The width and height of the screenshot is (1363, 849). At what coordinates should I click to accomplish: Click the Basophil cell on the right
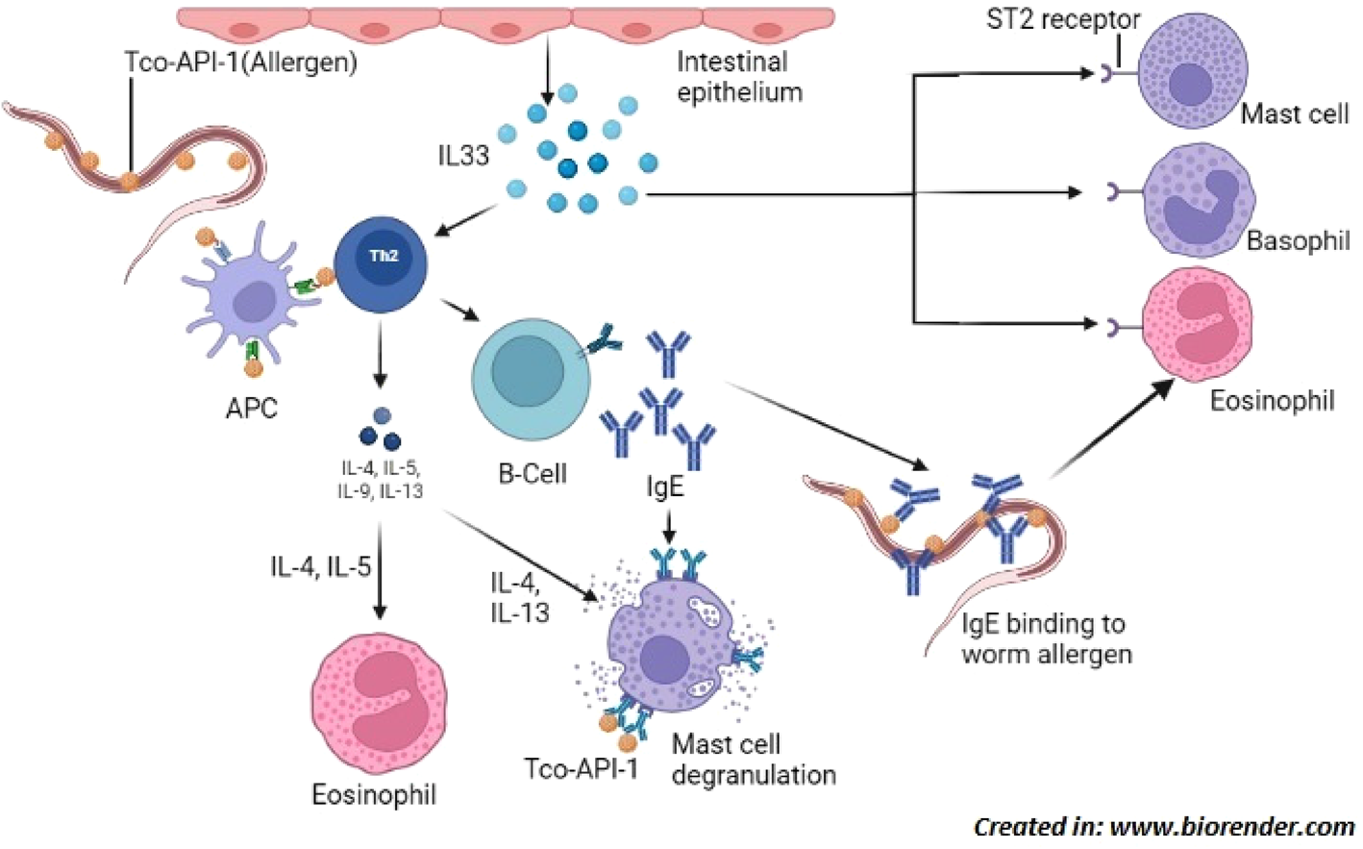click(1198, 200)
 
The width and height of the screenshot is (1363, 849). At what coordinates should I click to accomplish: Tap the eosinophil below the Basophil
click(1197, 325)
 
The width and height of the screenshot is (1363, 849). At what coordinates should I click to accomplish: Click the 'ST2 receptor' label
click(1062, 19)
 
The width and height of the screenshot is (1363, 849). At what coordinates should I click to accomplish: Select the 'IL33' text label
click(463, 155)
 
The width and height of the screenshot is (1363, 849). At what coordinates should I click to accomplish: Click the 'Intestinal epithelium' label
click(739, 77)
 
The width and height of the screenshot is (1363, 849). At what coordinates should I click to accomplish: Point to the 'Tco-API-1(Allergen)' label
click(240, 62)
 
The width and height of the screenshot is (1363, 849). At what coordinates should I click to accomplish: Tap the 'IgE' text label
click(664, 487)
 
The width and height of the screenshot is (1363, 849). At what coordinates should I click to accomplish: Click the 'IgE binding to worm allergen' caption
click(1046, 639)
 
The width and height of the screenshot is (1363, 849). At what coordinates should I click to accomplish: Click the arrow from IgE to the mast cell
click(669, 527)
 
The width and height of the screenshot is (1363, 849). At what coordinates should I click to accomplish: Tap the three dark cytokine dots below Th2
click(381, 429)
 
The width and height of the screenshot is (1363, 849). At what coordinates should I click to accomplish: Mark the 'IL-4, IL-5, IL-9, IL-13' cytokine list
click(380, 480)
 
